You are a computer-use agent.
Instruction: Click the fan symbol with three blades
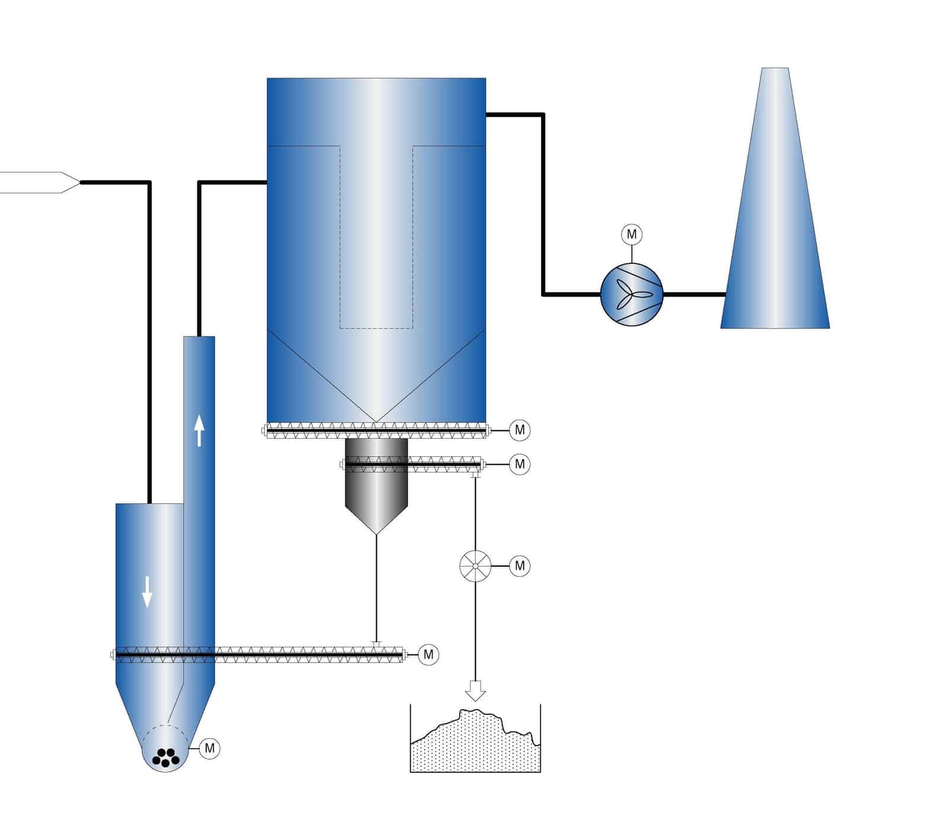click(631, 294)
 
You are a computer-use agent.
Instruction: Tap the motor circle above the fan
click(632, 235)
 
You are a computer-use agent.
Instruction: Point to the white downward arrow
click(147, 592)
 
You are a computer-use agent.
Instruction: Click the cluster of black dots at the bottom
click(165, 757)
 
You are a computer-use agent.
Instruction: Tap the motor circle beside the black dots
click(209, 748)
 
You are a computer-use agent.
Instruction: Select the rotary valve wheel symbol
click(475, 565)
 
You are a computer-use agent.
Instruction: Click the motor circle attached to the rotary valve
click(520, 566)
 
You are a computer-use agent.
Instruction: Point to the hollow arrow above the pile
click(475, 690)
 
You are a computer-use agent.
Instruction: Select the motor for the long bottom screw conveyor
click(428, 655)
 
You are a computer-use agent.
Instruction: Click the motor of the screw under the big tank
click(520, 430)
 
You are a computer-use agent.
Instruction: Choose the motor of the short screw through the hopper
click(520, 464)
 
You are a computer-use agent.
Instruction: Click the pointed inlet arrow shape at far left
click(41, 183)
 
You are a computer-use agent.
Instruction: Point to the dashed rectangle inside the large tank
click(376, 237)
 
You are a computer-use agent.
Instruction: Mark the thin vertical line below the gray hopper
click(377, 587)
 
